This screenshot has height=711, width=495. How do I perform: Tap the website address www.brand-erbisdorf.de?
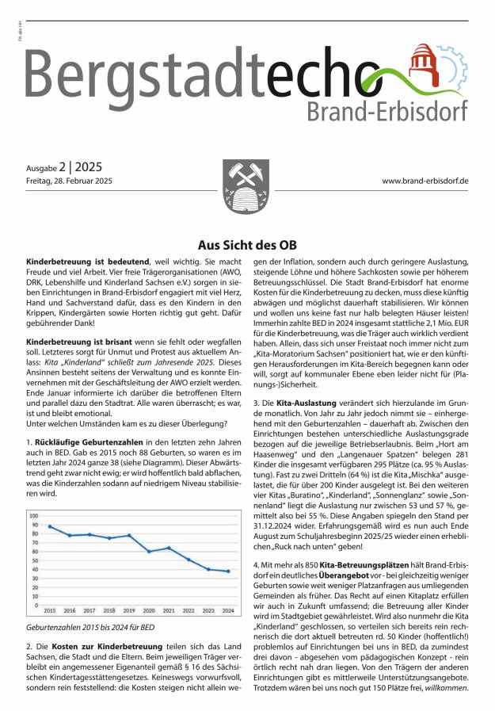[x=425, y=182]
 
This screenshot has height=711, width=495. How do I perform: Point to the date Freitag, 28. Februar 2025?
[x=70, y=182]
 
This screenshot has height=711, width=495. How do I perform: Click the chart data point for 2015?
[x=51, y=526]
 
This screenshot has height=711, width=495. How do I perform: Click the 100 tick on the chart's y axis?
[x=34, y=515]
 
